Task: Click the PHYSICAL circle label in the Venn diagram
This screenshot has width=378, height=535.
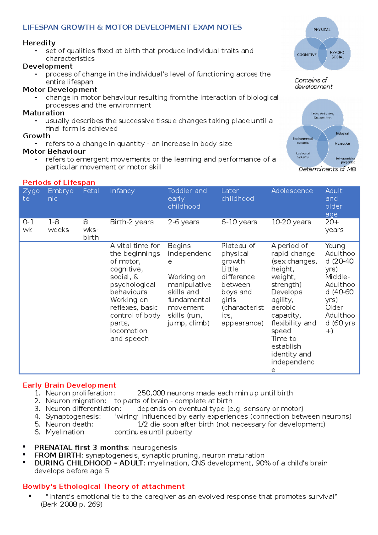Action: click(322, 30)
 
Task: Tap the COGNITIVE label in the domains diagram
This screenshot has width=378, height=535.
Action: click(306, 55)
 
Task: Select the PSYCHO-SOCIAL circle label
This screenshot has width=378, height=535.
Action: click(337, 55)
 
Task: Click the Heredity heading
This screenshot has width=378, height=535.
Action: click(39, 43)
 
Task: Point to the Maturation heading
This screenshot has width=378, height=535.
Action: click(43, 113)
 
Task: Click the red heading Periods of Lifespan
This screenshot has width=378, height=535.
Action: click(59, 182)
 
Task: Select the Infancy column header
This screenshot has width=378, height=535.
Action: click(122, 191)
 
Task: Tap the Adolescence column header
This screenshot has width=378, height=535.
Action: click(292, 191)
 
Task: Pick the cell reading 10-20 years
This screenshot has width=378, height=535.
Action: click(291, 222)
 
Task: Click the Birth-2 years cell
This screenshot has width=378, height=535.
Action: click(132, 222)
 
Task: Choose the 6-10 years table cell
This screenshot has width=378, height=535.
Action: click(239, 222)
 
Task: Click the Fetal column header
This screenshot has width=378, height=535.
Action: click(91, 191)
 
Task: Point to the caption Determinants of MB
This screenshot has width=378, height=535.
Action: click(327, 169)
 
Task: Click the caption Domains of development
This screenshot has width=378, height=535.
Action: click(313, 83)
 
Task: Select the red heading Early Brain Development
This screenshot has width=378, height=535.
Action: click(69, 385)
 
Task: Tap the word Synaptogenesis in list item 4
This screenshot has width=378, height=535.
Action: click(73, 417)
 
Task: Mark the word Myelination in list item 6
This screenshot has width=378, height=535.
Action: click(65, 432)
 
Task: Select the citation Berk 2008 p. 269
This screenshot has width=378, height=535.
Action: click(72, 504)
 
